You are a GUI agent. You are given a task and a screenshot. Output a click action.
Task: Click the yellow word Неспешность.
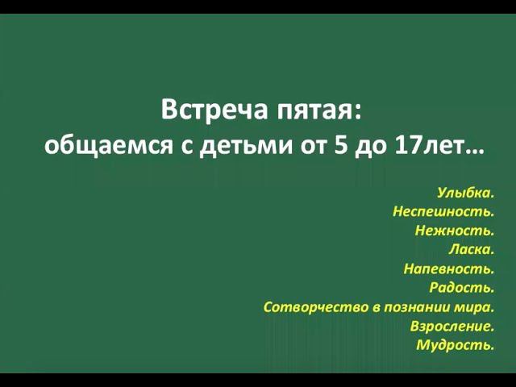pos(443,212)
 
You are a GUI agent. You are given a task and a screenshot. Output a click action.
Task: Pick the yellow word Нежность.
pos(454,231)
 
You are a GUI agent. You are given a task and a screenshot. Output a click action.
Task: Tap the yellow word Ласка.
pos(471,250)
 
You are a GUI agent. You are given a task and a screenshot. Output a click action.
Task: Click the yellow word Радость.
pos(462,288)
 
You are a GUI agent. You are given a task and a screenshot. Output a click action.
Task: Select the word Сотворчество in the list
pos(311,307)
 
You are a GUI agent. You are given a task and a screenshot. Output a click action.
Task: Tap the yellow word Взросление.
pos(451,327)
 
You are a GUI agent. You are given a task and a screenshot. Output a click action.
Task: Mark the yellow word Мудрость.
pos(455,345)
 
